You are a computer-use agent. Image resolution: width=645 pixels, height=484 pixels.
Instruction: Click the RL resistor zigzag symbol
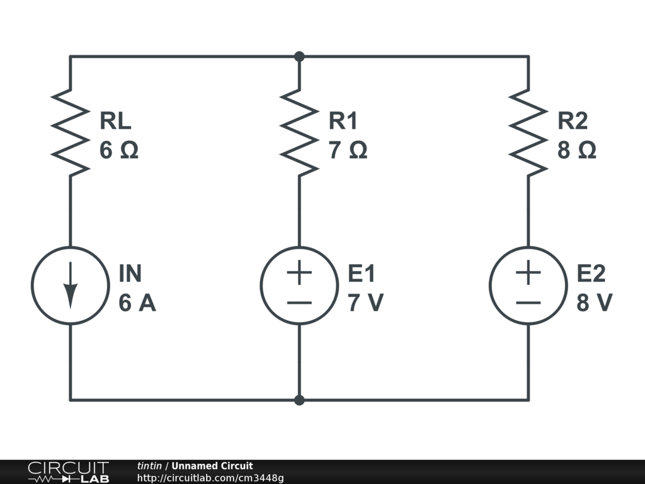70,132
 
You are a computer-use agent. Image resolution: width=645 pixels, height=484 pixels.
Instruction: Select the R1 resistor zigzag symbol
299,132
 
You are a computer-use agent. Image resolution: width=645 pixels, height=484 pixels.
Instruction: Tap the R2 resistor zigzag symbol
528,132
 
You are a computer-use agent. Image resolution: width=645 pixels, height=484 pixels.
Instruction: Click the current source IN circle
70,285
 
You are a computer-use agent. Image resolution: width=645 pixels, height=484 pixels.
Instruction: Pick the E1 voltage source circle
299,285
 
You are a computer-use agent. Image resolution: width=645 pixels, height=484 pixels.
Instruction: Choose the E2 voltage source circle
528,285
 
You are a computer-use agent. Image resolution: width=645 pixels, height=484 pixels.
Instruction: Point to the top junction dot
299,57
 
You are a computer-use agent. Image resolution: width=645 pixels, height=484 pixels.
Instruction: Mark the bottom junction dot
299,400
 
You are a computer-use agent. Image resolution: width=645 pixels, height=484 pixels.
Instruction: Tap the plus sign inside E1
299,273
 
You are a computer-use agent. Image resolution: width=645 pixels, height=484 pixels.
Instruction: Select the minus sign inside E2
528,302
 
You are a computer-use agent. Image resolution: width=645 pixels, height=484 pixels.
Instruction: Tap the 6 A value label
137,304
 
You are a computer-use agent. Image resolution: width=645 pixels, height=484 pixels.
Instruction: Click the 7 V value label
365,304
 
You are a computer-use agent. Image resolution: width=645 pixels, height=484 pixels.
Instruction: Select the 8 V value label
595,304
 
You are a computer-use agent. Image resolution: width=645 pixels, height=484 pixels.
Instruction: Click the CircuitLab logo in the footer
68,472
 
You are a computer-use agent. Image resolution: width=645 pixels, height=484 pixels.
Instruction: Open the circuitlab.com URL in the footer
210,478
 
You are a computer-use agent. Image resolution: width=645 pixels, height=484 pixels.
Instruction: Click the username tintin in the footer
149,466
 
